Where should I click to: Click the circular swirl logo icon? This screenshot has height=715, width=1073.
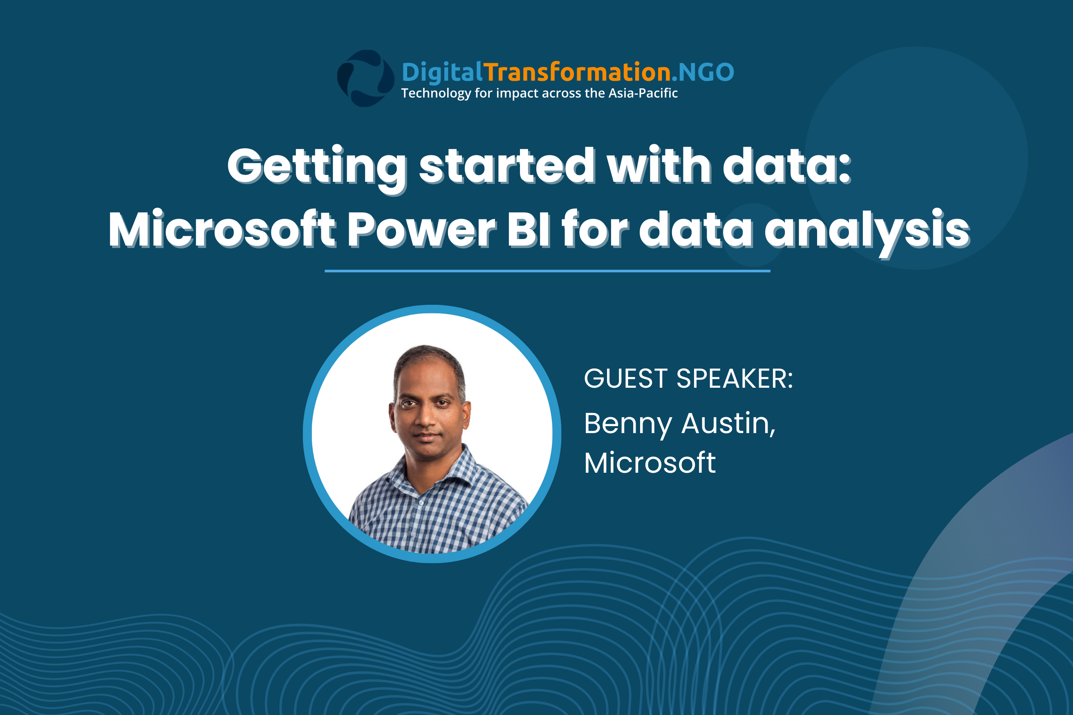[x=365, y=78]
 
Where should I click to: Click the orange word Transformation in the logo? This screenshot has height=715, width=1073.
[x=577, y=72]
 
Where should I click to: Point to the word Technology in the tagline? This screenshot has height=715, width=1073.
[x=436, y=94]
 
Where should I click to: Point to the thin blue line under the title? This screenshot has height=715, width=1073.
[x=547, y=271]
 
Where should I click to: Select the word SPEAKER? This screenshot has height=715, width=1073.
[x=735, y=378]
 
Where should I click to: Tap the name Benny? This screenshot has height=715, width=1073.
[x=628, y=425]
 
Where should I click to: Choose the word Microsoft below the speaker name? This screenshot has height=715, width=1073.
[x=650, y=463]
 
